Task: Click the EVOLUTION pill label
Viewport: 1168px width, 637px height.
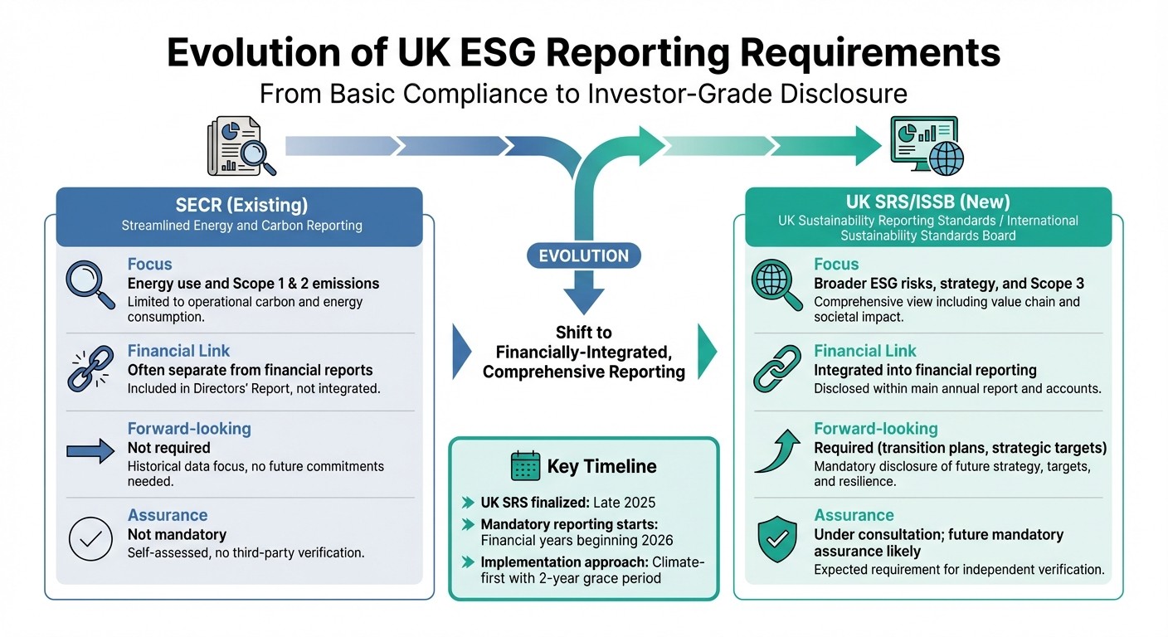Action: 583,255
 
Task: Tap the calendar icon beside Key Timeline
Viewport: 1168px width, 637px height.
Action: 526,466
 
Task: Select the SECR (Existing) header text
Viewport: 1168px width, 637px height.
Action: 241,205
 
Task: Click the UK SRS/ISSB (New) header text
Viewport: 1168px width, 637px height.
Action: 928,202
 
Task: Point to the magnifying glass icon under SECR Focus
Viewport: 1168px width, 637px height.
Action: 90,284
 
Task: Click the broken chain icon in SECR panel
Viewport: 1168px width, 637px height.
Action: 90,371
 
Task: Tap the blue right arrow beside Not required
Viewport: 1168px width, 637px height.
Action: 89,450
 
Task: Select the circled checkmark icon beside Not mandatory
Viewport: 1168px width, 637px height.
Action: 90,537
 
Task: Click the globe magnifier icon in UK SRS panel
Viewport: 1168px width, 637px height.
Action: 776,284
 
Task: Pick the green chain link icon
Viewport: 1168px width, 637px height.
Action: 776,371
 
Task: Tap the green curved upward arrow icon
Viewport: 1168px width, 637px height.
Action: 776,450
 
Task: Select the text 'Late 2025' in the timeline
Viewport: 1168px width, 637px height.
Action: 621,503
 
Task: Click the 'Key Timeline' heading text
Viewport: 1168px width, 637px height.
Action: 602,466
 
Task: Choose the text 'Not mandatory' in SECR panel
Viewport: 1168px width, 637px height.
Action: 177,535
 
